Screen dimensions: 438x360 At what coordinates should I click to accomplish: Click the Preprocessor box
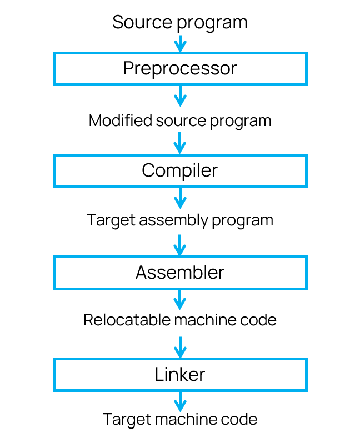click(x=180, y=68)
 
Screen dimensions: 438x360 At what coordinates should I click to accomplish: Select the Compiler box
click(x=180, y=170)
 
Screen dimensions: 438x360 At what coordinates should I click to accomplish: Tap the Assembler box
click(x=180, y=273)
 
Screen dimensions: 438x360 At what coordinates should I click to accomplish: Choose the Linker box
click(x=180, y=375)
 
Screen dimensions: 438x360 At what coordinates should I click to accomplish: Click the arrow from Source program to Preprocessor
click(x=179, y=44)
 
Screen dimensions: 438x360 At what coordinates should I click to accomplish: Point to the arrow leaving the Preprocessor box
click(x=179, y=96)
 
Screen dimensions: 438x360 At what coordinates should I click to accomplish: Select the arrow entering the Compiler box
click(x=179, y=143)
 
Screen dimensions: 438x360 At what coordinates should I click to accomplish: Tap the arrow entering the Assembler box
click(x=179, y=245)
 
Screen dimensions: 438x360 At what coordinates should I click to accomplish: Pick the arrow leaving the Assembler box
click(x=179, y=300)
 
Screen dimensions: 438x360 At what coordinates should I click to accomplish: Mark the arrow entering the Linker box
click(x=179, y=347)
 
